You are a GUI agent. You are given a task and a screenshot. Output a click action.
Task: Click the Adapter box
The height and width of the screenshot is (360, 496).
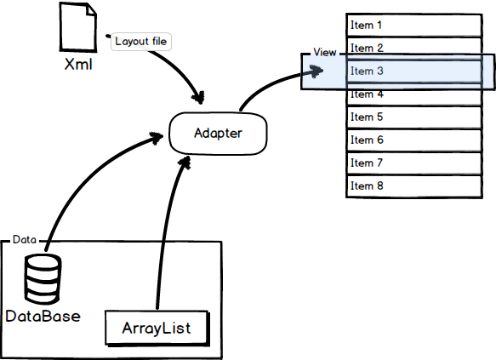point(219,133)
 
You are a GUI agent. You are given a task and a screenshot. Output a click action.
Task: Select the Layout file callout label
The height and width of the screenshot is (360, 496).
point(141,41)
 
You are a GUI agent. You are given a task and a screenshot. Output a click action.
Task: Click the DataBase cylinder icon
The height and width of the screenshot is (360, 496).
point(42,279)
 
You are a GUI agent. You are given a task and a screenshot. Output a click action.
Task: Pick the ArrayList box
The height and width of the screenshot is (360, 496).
point(156,329)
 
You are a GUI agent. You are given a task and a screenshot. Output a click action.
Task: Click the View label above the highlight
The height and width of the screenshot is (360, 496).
point(325,53)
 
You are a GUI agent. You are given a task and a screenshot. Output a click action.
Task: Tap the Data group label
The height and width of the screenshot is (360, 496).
point(24,240)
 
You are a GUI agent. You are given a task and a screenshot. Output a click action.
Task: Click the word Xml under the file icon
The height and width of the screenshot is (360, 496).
point(78,65)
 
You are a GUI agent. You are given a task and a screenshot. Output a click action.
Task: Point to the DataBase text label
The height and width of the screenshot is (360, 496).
point(43,317)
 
